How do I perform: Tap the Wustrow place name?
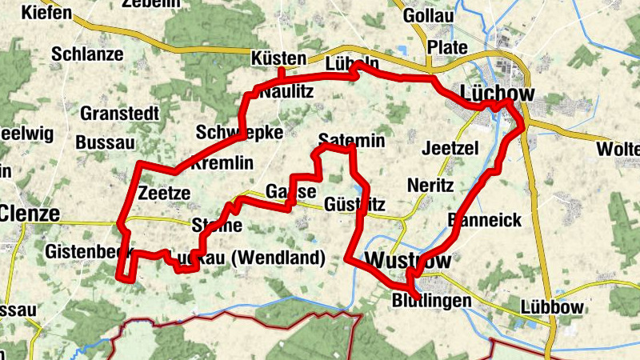[407, 261]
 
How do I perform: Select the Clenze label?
[30, 214]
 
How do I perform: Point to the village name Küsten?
[278, 58]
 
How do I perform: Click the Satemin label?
[352, 141]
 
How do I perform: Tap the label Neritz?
[430, 186]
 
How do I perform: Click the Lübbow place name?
[554, 308]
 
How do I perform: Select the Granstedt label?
[119, 113]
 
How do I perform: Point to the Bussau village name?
[102, 142]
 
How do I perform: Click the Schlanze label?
[87, 54]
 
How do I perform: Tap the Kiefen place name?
[47, 13]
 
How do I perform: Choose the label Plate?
[447, 47]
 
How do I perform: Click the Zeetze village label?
[164, 193]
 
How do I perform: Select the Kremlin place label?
[222, 163]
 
